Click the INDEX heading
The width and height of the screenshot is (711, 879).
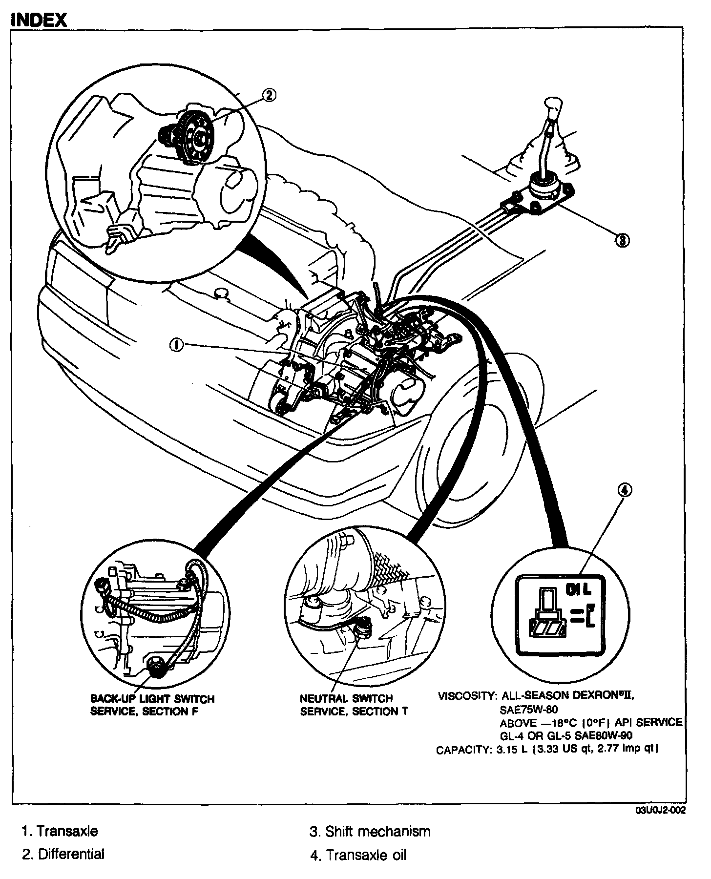pyautogui.click(x=38, y=20)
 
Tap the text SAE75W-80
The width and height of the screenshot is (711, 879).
pyautogui.click(x=528, y=710)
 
